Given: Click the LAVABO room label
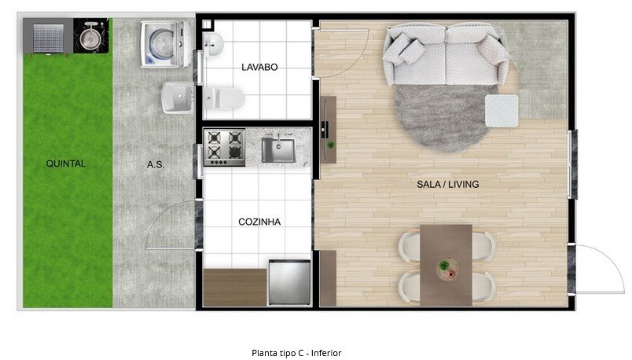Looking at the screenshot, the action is click(x=259, y=68).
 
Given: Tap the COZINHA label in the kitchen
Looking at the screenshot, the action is click(x=259, y=222).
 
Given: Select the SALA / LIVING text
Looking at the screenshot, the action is click(x=448, y=184).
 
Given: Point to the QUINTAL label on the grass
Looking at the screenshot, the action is click(x=66, y=163).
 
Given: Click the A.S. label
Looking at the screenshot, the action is click(x=156, y=164).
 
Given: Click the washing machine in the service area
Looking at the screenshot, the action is click(x=166, y=44).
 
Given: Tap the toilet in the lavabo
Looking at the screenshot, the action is click(x=224, y=98).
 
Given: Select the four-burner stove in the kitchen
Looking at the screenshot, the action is click(x=225, y=147).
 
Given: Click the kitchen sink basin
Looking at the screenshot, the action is click(x=278, y=150).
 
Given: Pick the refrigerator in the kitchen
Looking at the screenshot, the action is click(x=289, y=282).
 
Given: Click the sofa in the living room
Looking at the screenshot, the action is click(x=445, y=54).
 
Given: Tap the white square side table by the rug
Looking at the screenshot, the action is click(x=502, y=111).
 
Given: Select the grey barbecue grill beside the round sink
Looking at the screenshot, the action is click(x=48, y=37).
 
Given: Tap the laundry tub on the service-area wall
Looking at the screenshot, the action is click(x=178, y=97).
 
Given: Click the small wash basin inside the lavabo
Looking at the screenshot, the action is click(x=213, y=45).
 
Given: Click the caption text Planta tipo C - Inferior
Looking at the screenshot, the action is click(x=296, y=353).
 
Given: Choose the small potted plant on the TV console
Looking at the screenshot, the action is click(x=330, y=145).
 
